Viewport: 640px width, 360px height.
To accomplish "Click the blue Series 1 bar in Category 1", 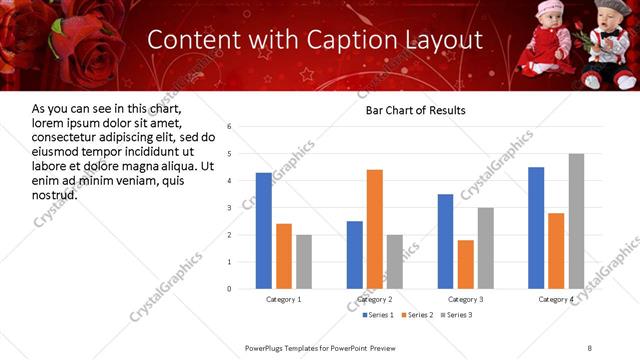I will point(263,231).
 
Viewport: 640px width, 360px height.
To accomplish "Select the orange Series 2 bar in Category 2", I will point(375,229).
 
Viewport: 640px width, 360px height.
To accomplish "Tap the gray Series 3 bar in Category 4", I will point(576,221).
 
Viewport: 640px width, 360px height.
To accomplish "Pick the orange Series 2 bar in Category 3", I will point(466,264).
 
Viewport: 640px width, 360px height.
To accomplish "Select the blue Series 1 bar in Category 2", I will point(355,255).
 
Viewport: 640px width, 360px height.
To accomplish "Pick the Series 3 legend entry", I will point(458,315).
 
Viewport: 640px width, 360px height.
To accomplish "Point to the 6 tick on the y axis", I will point(230,127).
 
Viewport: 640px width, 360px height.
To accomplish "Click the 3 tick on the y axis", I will point(230,208).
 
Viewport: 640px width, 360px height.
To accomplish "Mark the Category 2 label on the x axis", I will point(375,299).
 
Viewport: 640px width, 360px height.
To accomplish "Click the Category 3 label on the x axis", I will point(466,299).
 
